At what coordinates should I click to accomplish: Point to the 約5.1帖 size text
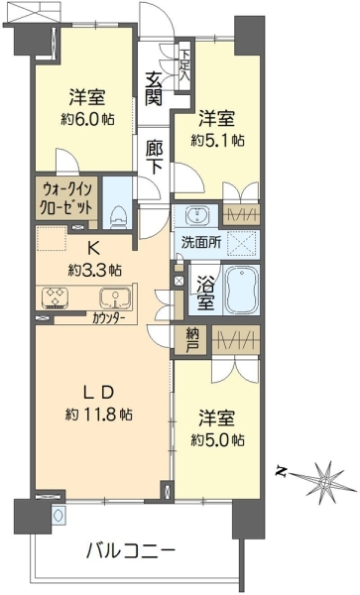[x=219, y=140]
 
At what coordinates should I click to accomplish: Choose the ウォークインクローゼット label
[x=67, y=198]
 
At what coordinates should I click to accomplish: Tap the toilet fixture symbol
[x=118, y=211]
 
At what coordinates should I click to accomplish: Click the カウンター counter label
[x=108, y=319]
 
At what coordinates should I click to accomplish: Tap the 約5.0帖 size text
[x=218, y=440]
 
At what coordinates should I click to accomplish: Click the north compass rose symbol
[x=325, y=480]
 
